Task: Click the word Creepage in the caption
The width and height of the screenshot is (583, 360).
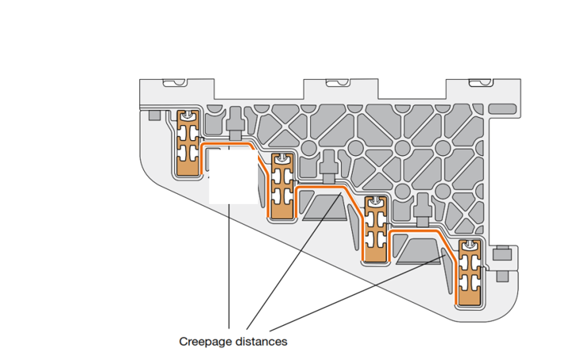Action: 202,342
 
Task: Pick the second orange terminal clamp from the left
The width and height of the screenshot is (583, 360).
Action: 282,186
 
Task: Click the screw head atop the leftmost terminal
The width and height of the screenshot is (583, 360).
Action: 187,117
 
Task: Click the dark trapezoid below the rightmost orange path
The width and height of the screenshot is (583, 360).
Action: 419,251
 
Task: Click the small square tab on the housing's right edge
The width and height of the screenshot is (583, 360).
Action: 500,255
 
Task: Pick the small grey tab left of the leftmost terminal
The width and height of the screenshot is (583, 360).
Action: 153,116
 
